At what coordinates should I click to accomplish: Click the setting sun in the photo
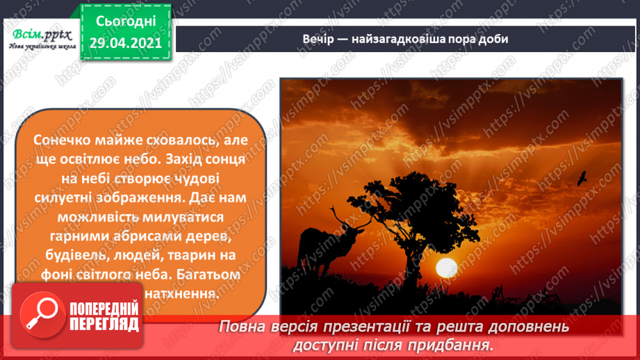pos(445,267)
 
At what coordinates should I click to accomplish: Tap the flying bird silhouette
pos(582,179)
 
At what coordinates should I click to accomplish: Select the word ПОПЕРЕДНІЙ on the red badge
pos(104,309)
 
